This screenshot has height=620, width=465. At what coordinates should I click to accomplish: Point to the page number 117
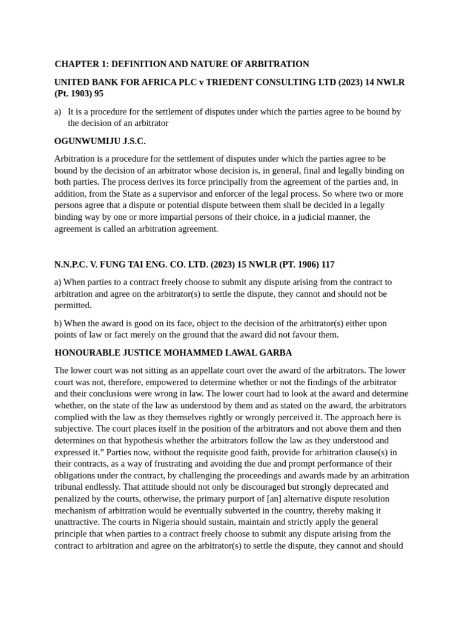(327, 265)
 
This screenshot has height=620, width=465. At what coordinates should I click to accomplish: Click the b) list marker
(58, 323)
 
